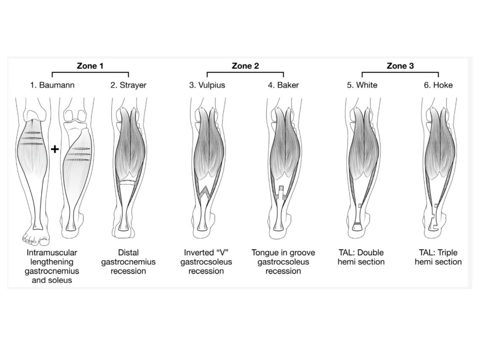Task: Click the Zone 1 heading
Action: [90, 66]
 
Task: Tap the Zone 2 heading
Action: [245, 66]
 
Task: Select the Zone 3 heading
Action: [400, 66]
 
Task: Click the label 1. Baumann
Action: [52, 85]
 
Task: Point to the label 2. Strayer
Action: [128, 85]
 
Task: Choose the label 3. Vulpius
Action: [207, 85]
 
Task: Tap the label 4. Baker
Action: [283, 85]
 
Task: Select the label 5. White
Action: [362, 85]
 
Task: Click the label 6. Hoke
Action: [438, 85]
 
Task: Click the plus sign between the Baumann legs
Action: [55, 149]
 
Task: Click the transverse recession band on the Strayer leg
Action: [127, 182]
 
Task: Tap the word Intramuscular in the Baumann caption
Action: [52, 253]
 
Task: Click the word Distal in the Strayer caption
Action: [128, 253]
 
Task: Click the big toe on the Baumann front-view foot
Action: [45, 241]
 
